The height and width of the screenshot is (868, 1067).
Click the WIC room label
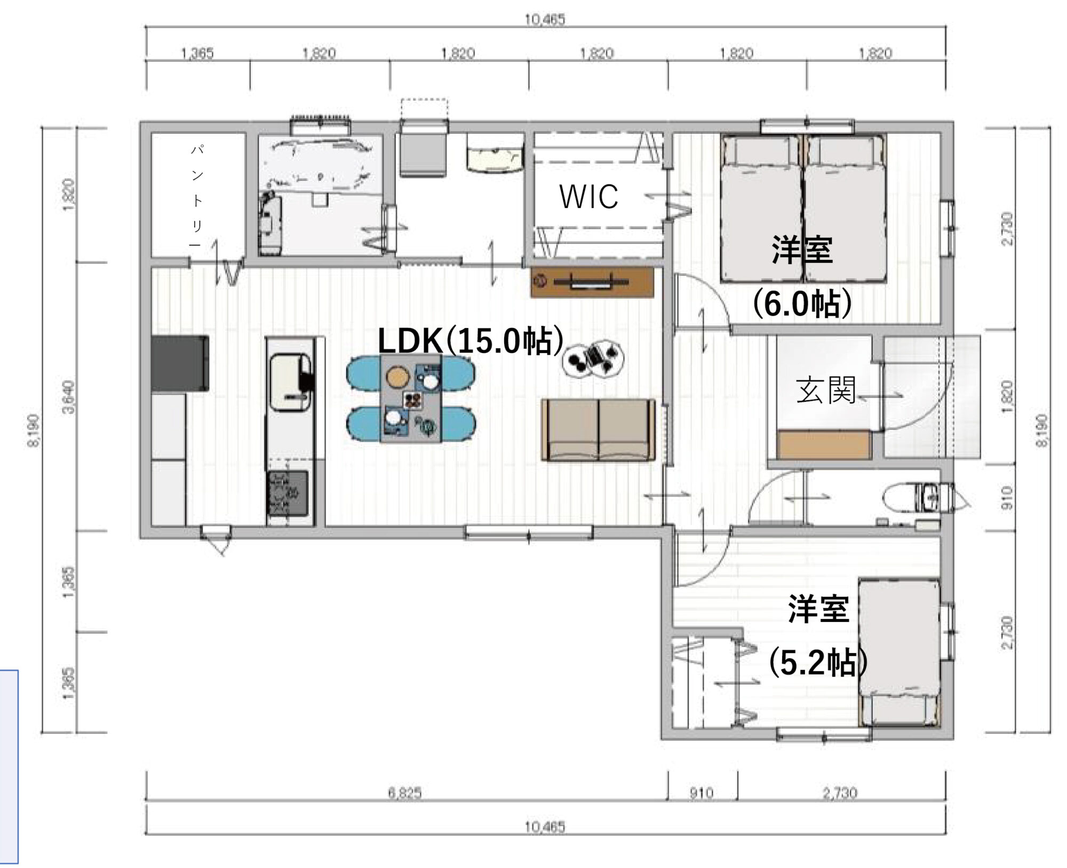[588, 196]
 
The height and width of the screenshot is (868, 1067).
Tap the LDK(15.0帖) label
[470, 341]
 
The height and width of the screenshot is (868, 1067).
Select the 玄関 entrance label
[825, 390]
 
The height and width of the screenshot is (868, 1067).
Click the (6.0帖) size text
[802, 304]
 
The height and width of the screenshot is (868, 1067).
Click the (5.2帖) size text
[817, 663]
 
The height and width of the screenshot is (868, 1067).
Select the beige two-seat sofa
[598, 429]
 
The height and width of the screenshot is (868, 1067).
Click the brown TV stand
[592, 282]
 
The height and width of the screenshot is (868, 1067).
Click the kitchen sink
[290, 383]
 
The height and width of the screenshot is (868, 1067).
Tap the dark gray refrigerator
[180, 363]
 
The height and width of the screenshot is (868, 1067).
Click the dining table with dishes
[410, 399]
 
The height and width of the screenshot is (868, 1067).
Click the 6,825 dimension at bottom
[404, 793]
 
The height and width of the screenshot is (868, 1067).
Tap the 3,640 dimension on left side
[69, 397]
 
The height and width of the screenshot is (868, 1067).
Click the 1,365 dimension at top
[197, 53]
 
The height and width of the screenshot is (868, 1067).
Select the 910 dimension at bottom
[701, 793]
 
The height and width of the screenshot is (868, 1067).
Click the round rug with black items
[593, 359]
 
